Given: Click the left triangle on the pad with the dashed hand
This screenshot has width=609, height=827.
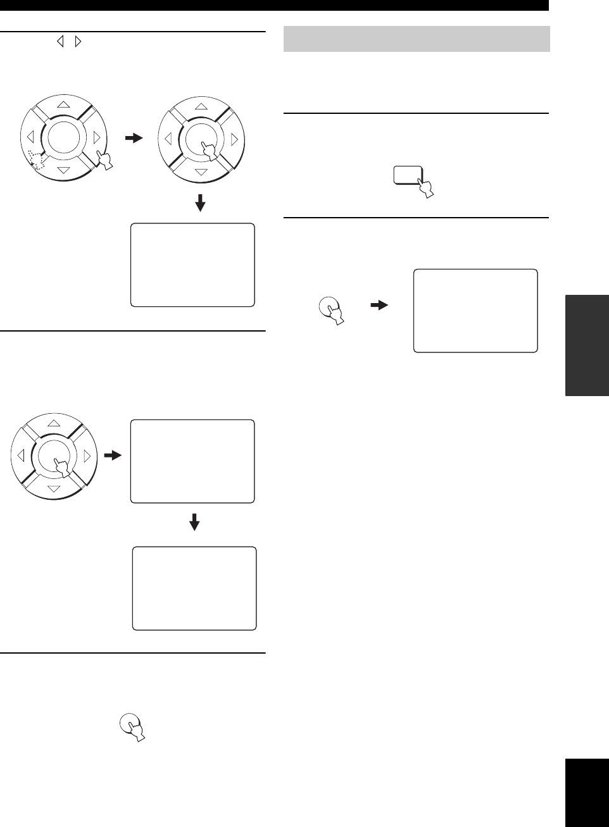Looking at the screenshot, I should pyautogui.click(x=30, y=137).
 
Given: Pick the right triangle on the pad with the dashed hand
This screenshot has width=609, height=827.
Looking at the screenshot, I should pyautogui.click(x=96, y=137).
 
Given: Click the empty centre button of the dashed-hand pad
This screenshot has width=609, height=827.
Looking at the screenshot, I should pyautogui.click(x=63, y=137).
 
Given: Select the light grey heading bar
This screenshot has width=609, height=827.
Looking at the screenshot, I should pyautogui.click(x=417, y=39).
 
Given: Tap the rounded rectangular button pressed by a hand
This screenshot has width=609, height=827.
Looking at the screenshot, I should pyautogui.click(x=407, y=175).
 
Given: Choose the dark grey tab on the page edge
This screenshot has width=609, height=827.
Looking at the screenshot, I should pyautogui.click(x=584, y=344).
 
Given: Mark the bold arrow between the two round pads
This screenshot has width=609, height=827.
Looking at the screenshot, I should pyautogui.click(x=135, y=138).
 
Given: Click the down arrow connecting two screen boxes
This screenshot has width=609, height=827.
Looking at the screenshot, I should pyautogui.click(x=195, y=522).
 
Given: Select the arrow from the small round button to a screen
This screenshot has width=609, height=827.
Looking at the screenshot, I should pyautogui.click(x=379, y=305).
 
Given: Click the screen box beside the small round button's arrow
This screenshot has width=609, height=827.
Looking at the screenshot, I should pyautogui.click(x=475, y=310).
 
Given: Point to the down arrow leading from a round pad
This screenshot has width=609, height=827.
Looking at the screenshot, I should pyautogui.click(x=201, y=202).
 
